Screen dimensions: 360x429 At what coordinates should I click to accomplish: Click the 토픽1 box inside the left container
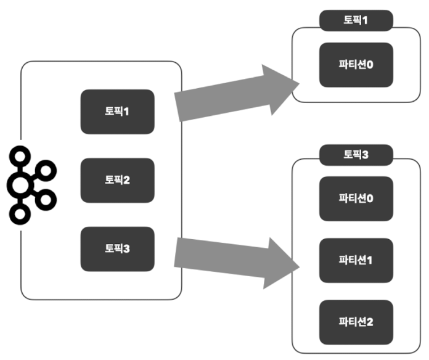(117, 112)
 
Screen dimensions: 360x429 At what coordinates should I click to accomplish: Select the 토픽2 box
(117, 180)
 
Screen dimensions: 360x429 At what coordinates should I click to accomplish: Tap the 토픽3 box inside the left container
(117, 248)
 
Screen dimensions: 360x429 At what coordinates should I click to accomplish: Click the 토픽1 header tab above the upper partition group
(356, 20)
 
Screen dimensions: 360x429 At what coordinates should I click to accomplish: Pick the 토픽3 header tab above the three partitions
(356, 154)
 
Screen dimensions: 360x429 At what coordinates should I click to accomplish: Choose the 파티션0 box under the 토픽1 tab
(356, 65)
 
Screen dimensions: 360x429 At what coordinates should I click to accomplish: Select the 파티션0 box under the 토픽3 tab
(356, 198)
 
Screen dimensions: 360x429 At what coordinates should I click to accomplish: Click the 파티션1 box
(356, 260)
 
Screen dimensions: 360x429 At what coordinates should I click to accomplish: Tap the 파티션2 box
(356, 321)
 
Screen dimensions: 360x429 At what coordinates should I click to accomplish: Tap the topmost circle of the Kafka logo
(22, 155)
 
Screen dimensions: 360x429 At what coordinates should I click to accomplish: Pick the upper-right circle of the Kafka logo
(46, 169)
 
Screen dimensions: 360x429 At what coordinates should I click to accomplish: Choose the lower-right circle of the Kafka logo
(46, 199)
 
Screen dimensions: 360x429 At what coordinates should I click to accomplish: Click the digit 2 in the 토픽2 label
(126, 180)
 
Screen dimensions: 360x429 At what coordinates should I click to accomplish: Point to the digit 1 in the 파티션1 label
(369, 260)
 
